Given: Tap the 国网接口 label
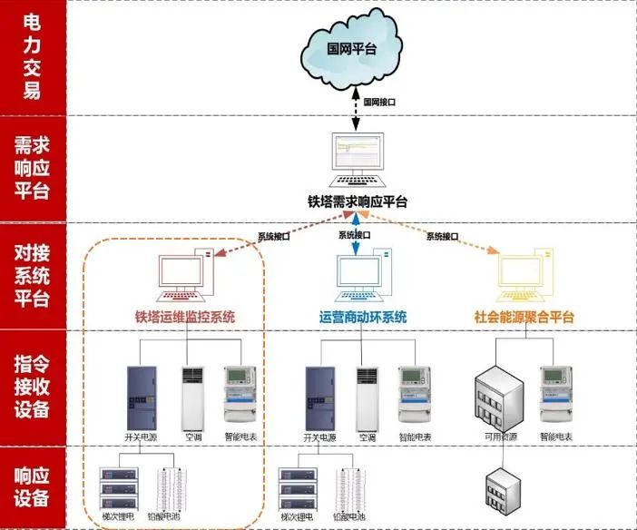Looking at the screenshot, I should pyautogui.click(x=378, y=103).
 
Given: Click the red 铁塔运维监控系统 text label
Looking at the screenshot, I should pyautogui.click(x=185, y=317).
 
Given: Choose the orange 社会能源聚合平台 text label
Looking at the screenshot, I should pyautogui.click(x=524, y=317).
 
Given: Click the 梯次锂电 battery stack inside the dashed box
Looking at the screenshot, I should pyautogui.click(x=117, y=490).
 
